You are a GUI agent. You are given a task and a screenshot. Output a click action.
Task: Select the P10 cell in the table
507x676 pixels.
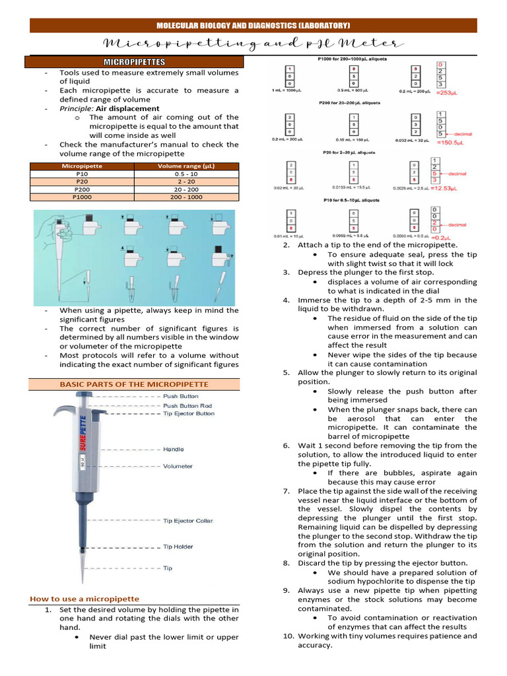(82, 174)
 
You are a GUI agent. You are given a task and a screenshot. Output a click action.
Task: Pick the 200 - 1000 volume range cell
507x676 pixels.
(186, 197)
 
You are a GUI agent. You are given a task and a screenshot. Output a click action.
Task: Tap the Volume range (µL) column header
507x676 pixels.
(186, 166)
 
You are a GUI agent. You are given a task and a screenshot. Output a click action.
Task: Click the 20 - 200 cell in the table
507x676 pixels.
(186, 189)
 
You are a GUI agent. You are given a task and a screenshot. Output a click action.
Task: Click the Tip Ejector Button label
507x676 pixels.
(189, 414)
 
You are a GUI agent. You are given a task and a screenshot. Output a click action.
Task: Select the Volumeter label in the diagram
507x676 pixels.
(178, 466)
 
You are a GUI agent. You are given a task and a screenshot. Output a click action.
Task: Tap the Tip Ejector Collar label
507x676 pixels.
(188, 521)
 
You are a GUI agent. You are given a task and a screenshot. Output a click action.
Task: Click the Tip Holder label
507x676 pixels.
(178, 547)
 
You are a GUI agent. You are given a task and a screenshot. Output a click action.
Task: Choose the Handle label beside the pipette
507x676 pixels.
(174, 449)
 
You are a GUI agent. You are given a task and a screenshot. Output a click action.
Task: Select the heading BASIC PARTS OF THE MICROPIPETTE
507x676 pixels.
(134, 384)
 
